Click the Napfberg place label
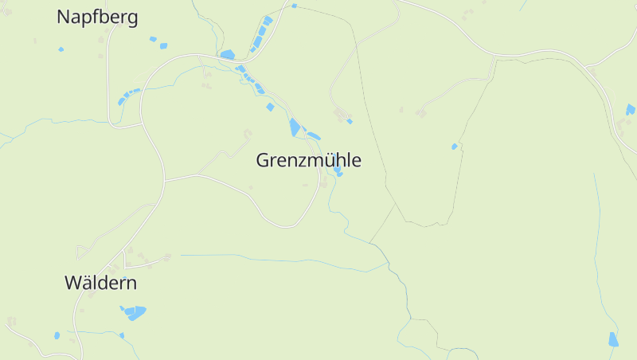pyautogui.click(x=97, y=17)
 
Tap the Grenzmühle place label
pyautogui.click(x=308, y=160)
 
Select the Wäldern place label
pyautogui.click(x=100, y=283)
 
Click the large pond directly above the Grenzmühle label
pyautogui.click(x=295, y=127)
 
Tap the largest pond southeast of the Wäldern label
pyautogui.click(x=135, y=312)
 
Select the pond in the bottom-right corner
pyautogui.click(x=613, y=339)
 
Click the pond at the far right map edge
pyautogui.click(x=631, y=109)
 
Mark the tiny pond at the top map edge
pyautogui.click(x=294, y=6)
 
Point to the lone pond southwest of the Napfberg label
pyautogui.click(x=61, y=49)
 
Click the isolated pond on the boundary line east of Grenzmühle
pyautogui.click(x=455, y=147)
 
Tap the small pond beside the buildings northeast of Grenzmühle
pyautogui.click(x=350, y=121)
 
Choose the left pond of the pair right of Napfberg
pyautogui.click(x=153, y=39)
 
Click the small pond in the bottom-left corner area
pyautogui.click(x=57, y=335)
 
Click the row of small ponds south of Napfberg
pyautogui.click(x=127, y=96)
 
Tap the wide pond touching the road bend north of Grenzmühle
pyautogui.click(x=228, y=55)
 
